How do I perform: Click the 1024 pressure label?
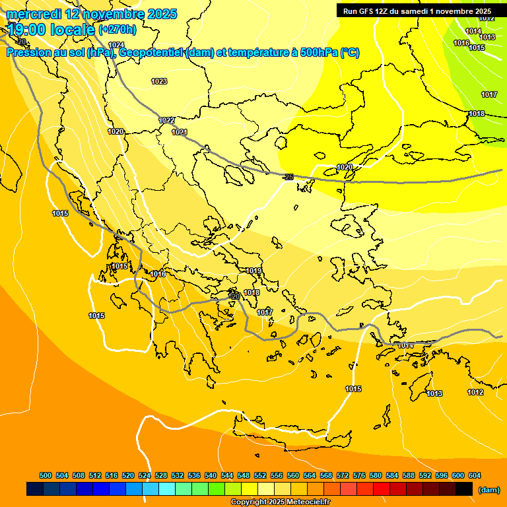[116, 45]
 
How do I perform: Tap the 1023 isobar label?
[159, 81]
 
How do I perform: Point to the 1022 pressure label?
[167, 120]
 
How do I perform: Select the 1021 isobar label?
[180, 132]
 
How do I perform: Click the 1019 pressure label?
[253, 271]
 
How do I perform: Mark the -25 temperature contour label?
[287, 177]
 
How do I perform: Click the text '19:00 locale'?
[51, 28]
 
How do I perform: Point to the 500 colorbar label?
[46, 475]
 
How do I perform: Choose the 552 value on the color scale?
[260, 475]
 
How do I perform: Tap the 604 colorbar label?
[475, 475]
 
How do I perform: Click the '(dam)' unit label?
[488, 490]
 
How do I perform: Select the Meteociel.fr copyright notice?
[280, 502]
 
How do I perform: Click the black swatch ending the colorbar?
[464, 489]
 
